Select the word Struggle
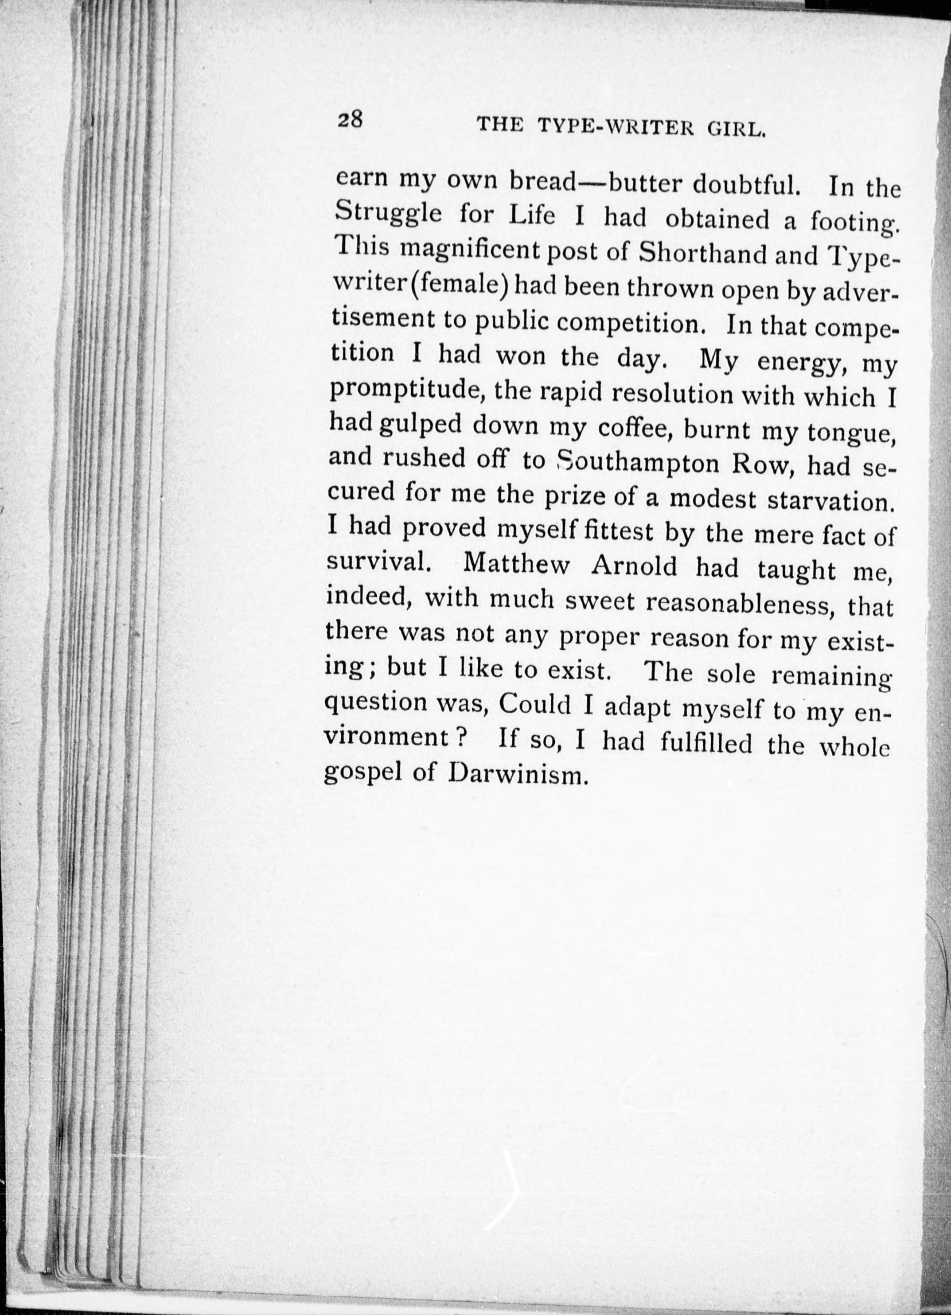(x=389, y=213)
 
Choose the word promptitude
(x=406, y=391)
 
